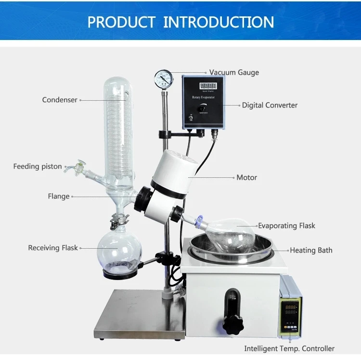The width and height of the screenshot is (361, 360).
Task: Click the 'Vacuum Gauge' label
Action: point(234,72)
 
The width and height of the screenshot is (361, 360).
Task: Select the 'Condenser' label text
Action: point(60,100)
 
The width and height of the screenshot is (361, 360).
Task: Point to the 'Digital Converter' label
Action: point(270,105)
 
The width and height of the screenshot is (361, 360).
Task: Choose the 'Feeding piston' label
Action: point(38,166)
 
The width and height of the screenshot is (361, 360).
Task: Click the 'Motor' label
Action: point(246,177)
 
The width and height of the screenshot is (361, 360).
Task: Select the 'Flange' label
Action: point(59,196)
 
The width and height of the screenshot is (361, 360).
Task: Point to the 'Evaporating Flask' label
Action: point(286,226)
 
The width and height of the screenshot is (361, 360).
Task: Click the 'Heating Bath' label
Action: point(311,250)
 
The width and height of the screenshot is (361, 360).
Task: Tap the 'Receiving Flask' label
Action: point(53,248)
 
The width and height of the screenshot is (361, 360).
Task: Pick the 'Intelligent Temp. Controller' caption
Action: point(289,348)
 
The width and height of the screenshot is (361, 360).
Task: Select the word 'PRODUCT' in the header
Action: point(121,22)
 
